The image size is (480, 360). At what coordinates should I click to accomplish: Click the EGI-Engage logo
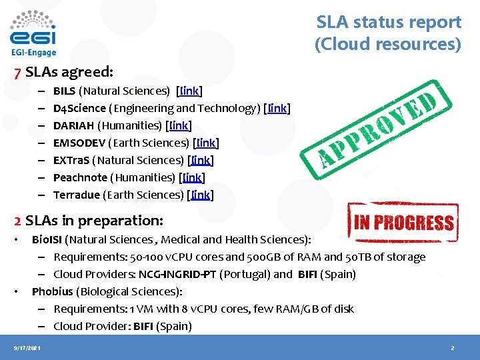point(33,33)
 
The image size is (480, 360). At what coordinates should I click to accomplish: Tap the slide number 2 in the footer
point(452,348)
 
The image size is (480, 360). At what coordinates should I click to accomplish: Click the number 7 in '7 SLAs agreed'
point(18,71)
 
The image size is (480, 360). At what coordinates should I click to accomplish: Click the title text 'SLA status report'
point(389,22)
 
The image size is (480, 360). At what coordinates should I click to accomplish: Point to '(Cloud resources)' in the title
point(388,44)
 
